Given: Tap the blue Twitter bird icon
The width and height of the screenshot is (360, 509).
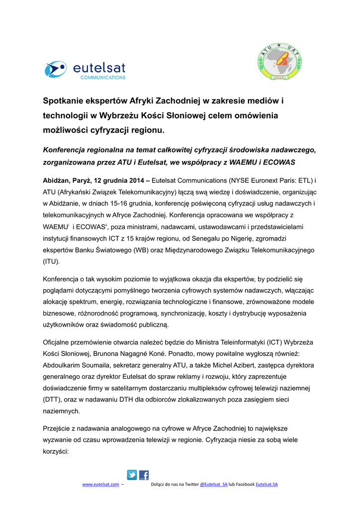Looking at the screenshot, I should pyautogui.click(x=132, y=475).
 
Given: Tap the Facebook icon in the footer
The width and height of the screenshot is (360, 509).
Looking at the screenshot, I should pyautogui.click(x=144, y=475).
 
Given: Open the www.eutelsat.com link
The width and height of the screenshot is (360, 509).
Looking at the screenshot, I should pyautogui.click(x=100, y=484).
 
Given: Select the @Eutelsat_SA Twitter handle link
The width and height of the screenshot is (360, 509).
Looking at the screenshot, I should pyautogui.click(x=213, y=484).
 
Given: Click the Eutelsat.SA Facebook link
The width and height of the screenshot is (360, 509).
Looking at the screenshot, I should pyautogui.click(x=267, y=484).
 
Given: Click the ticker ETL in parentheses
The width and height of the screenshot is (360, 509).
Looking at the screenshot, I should pyautogui.click(x=303, y=180).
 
